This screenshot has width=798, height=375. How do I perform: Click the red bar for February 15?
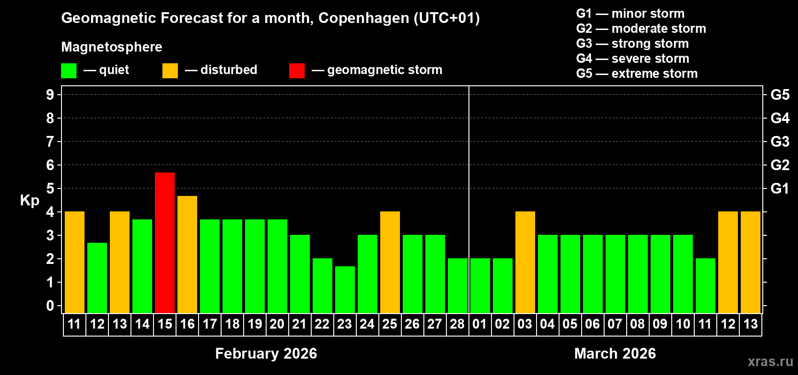pos(165,243)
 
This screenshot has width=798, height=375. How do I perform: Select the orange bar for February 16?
pos(187,255)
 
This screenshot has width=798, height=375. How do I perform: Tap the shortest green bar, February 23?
pos(345,290)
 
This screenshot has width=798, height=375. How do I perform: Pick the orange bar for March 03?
pos(525,262)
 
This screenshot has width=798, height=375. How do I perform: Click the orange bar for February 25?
pos(390,262)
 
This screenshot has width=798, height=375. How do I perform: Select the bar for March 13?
pos(751,262)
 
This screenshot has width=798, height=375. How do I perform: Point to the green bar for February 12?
pos(97,278)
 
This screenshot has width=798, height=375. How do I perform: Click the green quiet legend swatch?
pos(69,71)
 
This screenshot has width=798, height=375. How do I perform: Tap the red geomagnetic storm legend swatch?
pos(297,71)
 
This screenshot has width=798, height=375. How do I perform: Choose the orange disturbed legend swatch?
pos(170,71)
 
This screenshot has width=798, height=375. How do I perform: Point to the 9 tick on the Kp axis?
pos(50,95)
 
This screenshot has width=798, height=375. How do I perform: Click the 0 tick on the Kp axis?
pos(50,306)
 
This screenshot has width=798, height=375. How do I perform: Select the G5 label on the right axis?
pos(780,95)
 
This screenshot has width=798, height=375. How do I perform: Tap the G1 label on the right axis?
pos(780,188)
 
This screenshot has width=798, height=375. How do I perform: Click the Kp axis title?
pos(30,200)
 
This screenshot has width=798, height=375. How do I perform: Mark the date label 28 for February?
pos(457,324)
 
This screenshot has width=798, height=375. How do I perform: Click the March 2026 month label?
pos(615,353)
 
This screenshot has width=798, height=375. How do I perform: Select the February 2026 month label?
pos(266,353)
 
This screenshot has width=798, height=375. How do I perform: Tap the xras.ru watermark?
pos(770,361)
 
